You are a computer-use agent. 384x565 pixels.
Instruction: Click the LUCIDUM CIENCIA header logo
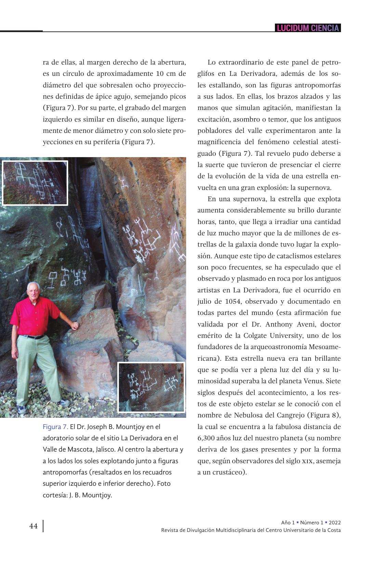pyautogui.click(x=308, y=28)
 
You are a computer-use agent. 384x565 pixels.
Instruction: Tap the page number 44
pyautogui.click(x=34, y=526)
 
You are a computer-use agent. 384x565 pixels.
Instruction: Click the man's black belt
pyautogui.click(x=34, y=336)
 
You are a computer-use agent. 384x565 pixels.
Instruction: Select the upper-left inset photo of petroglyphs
pyautogui.click(x=35, y=183)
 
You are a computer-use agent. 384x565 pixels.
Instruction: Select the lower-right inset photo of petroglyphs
pyautogui.click(x=151, y=387)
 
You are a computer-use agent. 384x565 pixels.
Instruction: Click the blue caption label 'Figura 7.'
pyautogui.click(x=55, y=427)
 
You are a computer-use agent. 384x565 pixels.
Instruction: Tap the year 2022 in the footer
pyautogui.click(x=335, y=523)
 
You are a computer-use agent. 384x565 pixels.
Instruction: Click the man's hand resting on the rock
pyautogui.click(x=75, y=325)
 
